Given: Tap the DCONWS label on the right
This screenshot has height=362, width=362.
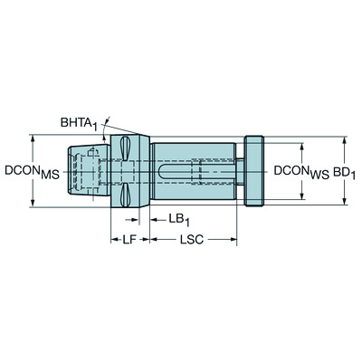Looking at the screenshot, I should (x=302, y=169).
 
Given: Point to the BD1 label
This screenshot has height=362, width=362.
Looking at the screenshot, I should (x=340, y=169).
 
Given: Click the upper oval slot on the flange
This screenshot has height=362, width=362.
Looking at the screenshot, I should (x=127, y=148).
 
